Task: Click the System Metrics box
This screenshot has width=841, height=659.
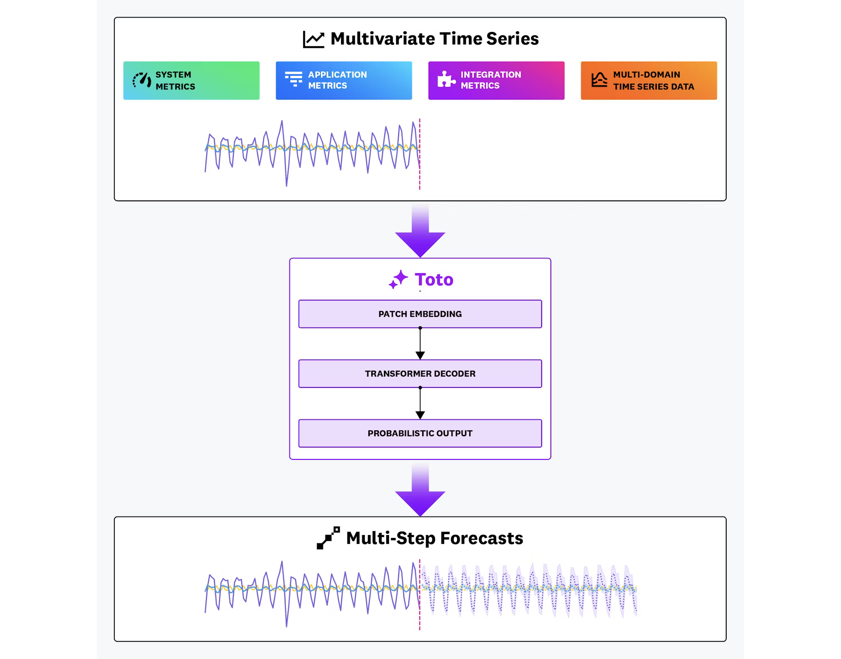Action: click(191, 80)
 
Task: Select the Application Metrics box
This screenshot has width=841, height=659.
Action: click(344, 80)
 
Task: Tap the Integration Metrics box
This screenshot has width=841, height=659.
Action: click(496, 80)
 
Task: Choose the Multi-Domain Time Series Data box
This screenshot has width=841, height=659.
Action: click(648, 80)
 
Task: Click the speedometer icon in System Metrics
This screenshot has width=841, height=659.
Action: click(142, 80)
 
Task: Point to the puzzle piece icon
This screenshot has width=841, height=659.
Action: click(446, 79)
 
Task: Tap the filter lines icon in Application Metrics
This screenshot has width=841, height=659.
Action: click(294, 79)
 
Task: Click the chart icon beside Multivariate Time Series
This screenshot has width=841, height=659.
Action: click(314, 40)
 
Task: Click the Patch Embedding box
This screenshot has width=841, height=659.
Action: click(420, 314)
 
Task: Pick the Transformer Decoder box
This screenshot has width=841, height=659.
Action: click(420, 374)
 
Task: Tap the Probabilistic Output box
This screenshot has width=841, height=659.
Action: click(420, 433)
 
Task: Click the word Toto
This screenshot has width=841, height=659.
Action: click(434, 280)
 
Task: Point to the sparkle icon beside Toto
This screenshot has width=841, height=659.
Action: click(398, 279)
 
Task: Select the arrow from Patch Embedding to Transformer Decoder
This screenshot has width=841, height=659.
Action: click(420, 344)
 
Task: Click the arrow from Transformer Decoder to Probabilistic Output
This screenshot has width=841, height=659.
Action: click(420, 403)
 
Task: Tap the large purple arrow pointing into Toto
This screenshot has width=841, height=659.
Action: click(420, 233)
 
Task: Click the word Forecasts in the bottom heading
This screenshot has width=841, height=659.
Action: click(481, 538)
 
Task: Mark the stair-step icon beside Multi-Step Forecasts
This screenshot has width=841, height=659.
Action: click(328, 538)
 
